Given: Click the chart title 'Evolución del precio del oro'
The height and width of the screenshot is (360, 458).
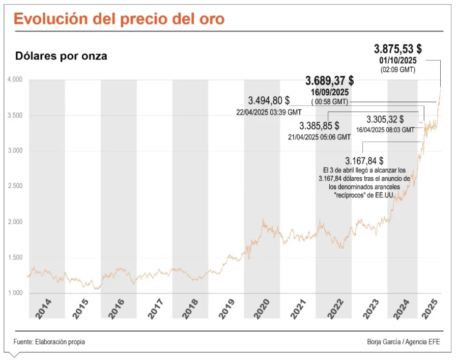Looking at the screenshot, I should click(119, 19).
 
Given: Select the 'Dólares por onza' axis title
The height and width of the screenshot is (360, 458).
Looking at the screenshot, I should click(61, 56).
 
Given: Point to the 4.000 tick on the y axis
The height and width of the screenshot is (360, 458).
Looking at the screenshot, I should click(15, 80).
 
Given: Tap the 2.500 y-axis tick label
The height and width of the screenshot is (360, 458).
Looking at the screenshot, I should click(15, 186).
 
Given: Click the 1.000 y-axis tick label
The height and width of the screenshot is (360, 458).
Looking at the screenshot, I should click(15, 293).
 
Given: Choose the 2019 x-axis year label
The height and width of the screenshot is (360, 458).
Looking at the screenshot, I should click(226, 309).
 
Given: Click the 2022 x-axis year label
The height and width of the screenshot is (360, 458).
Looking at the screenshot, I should click(333, 309).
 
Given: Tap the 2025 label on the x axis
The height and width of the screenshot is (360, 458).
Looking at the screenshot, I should click(433, 309).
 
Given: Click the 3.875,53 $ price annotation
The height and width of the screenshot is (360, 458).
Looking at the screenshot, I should click(398, 49).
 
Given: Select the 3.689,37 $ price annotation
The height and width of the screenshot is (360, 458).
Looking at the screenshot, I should click(329, 81).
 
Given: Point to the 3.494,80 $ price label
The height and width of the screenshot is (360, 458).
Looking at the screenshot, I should click(269, 101).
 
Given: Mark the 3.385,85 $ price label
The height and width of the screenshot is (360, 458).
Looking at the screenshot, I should click(319, 126).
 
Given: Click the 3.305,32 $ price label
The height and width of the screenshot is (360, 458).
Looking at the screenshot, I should click(385, 120).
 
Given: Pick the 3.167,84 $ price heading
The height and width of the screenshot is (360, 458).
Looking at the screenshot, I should click(364, 161).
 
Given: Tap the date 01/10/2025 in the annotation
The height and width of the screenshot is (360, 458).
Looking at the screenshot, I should click(398, 61).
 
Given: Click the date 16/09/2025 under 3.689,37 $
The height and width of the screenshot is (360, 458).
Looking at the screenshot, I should click(329, 93).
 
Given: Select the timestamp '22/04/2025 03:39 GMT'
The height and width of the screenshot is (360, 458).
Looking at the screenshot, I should click(269, 112).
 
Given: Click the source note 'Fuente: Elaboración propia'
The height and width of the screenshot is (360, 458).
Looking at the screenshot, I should click(49, 342).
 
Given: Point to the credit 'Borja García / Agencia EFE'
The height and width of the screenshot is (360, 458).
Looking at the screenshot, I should click(403, 342).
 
